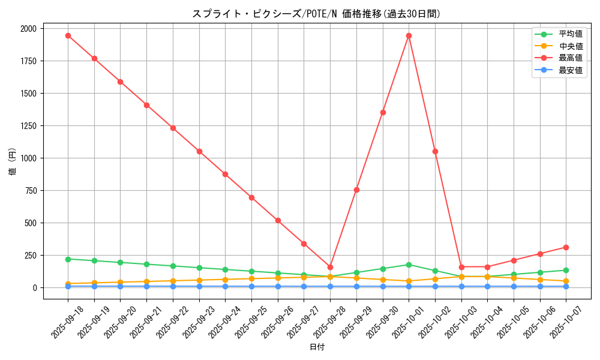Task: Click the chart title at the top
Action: tap(316, 14)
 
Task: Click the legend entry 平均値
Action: tap(570, 34)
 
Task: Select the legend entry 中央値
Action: tap(570, 46)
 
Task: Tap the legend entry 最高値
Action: tap(570, 58)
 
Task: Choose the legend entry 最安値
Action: tap(570, 70)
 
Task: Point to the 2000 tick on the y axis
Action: tap(28, 29)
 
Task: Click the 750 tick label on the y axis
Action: tap(31, 191)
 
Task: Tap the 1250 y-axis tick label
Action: tap(28, 126)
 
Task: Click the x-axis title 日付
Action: tap(317, 347)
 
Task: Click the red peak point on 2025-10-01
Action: tap(409, 35)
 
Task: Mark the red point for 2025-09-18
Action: tap(68, 35)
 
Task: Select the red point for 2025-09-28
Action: tap(330, 267)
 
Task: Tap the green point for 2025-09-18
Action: tap(68, 259)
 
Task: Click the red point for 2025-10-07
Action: tap(566, 247)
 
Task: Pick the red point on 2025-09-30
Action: tap(383, 112)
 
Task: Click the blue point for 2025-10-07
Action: tap(566, 286)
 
